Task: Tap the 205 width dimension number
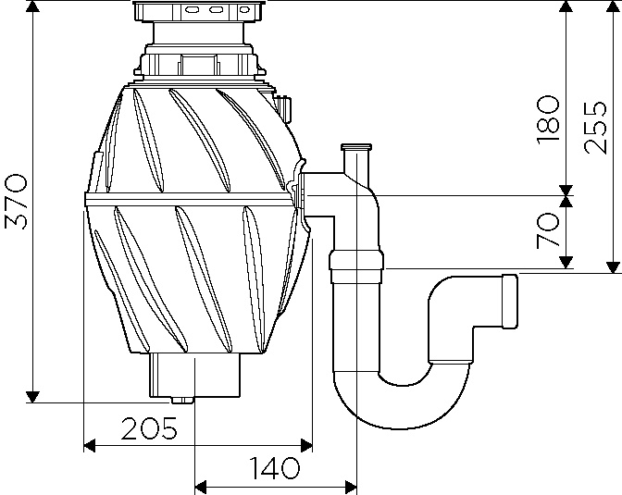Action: [148, 428]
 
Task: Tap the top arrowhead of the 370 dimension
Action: [32, 8]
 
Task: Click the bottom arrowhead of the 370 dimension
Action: [32, 395]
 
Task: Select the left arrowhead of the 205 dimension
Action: [90, 446]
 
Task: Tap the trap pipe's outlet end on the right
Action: [508, 298]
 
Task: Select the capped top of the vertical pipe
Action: [355, 149]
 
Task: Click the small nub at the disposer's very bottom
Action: [181, 401]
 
